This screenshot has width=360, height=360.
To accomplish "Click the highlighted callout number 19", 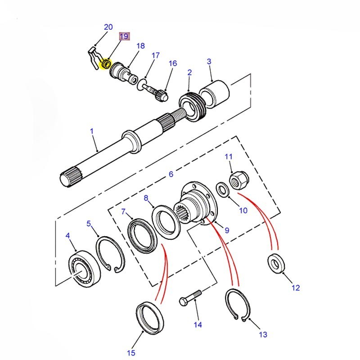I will (x=124, y=36).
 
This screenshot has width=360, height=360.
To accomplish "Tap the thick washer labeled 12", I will (x=276, y=263).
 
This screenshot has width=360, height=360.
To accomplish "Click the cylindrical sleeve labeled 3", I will (x=216, y=94).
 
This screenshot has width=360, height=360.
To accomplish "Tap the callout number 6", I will (x=171, y=174).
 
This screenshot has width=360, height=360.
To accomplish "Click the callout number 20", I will (x=108, y=27).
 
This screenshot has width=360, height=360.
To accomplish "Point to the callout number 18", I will (x=140, y=46).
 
